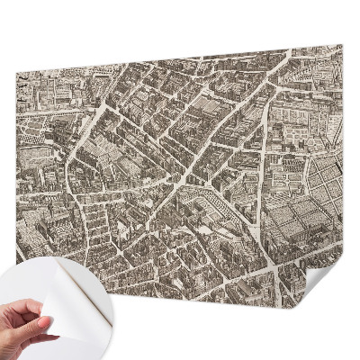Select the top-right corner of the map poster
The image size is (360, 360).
coord(340,46)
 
